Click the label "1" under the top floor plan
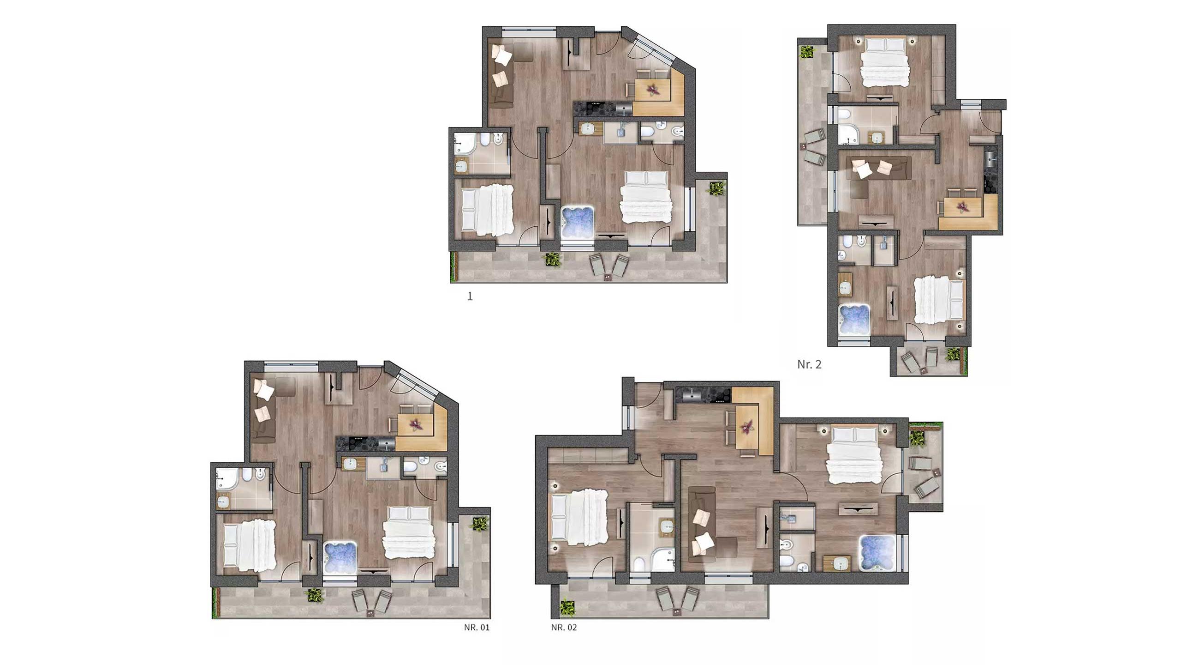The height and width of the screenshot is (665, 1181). point(470,296)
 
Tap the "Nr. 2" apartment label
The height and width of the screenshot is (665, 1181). point(809,364)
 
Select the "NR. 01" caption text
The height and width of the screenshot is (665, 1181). point(477,627)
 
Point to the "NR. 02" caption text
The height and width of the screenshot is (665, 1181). point(564,627)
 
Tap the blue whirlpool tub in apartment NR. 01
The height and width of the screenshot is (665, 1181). point(340,557)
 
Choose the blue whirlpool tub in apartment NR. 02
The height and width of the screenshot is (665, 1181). point(877,553)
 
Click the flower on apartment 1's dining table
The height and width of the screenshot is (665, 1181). point(653,89)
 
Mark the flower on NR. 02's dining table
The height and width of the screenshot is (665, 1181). point(747,426)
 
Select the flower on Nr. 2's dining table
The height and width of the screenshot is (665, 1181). point(963,206)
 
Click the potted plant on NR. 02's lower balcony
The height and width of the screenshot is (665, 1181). point(567,606)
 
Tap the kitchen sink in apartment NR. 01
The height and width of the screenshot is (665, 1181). point(387,444)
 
